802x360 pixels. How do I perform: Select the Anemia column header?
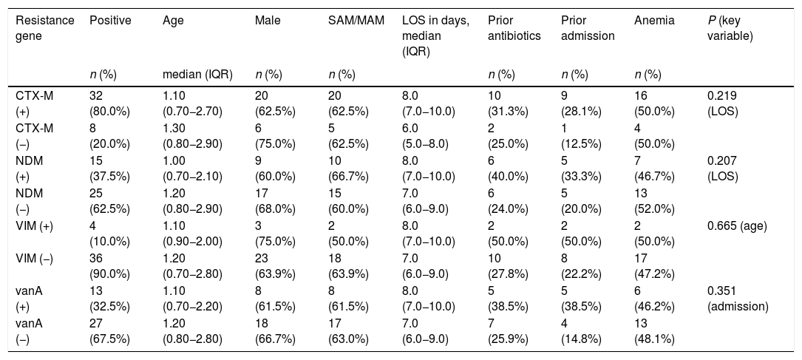click(x=654, y=21)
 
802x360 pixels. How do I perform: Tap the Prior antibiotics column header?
click(x=514, y=29)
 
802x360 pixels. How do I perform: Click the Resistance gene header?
click(x=45, y=29)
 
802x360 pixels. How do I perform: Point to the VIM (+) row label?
click(x=34, y=226)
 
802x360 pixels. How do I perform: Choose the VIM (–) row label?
click(x=34, y=259)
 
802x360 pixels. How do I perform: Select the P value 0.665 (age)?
click(x=737, y=226)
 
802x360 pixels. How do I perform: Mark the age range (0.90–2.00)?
click(x=192, y=242)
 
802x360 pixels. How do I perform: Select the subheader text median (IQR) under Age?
click(x=197, y=75)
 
